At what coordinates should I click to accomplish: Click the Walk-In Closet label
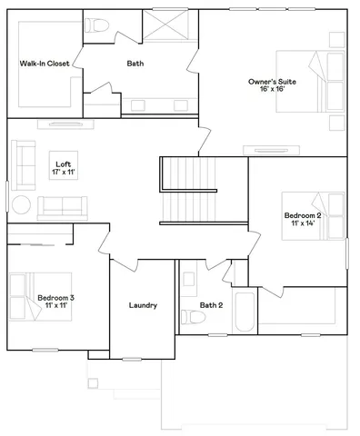45,64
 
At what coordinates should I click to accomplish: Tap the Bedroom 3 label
55,297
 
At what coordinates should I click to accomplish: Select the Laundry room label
143,305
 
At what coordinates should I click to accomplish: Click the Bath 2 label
211,305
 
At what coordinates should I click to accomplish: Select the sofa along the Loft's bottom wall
63,206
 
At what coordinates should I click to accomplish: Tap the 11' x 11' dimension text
55,306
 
